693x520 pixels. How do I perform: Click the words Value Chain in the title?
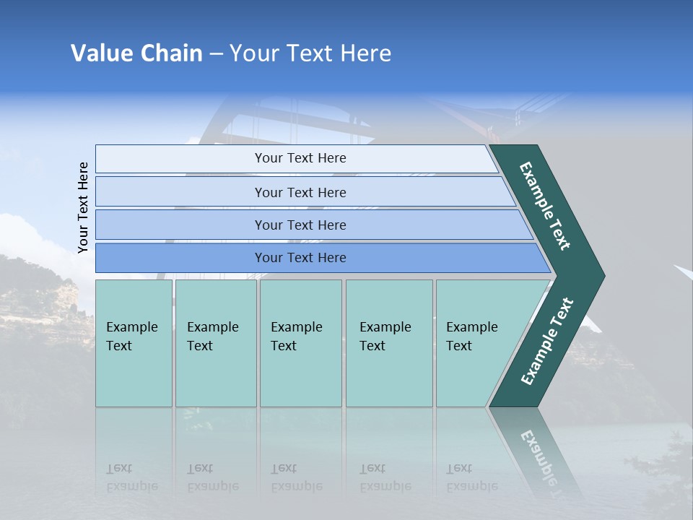pyautogui.click(x=136, y=53)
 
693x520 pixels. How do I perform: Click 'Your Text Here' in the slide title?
pyautogui.click(x=310, y=53)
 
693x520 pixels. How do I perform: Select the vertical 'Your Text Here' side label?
pyautogui.click(x=84, y=207)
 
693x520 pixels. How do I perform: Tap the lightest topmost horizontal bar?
pyautogui.click(x=300, y=158)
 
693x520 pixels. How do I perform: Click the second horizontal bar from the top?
pyautogui.click(x=300, y=192)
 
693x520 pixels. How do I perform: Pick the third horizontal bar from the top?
pyautogui.click(x=300, y=225)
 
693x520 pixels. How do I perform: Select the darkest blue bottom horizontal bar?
pyautogui.click(x=300, y=258)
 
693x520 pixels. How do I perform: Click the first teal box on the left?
pyautogui.click(x=134, y=342)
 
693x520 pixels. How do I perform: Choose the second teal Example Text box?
pyautogui.click(x=215, y=342)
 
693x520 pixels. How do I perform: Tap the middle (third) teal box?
pyautogui.click(x=300, y=342)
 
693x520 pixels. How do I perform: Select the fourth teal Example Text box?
pyautogui.click(x=388, y=342)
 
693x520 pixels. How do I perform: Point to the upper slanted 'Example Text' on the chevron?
pyautogui.click(x=545, y=206)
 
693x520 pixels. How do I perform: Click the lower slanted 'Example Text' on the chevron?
pyautogui.click(x=547, y=342)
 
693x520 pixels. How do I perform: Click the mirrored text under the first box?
pyautogui.click(x=132, y=477)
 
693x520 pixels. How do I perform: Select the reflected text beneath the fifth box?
pyautogui.click(x=472, y=477)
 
